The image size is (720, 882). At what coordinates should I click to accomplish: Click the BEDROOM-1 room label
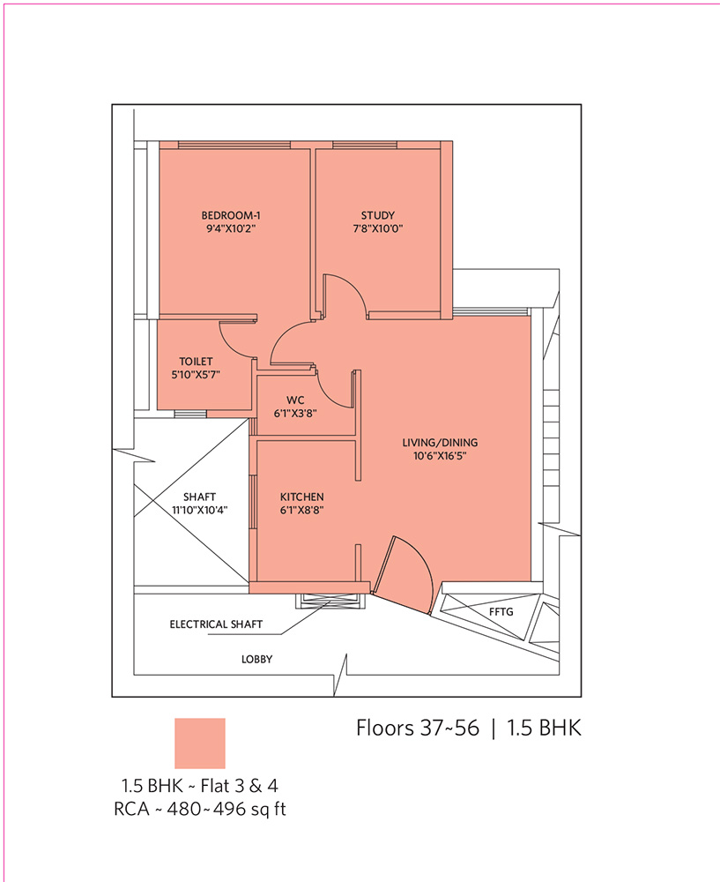tap(230, 215)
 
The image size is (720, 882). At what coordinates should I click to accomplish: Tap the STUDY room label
tap(378, 215)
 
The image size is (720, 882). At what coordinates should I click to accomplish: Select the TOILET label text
tap(196, 362)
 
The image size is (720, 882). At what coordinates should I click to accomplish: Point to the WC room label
tap(295, 400)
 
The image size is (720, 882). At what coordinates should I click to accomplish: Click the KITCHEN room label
tap(301, 497)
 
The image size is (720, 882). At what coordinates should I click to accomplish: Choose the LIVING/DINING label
tap(440, 443)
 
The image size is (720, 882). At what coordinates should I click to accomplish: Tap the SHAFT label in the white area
tap(199, 497)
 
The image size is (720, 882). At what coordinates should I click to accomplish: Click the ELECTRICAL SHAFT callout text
tap(216, 624)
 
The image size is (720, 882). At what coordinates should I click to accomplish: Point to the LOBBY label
tap(256, 659)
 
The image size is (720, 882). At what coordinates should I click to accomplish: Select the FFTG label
tap(501, 611)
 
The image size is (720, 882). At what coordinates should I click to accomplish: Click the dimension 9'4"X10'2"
tap(231, 229)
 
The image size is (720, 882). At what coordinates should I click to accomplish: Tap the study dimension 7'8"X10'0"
tap(378, 229)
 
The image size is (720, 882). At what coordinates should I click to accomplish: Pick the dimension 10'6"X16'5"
tap(440, 456)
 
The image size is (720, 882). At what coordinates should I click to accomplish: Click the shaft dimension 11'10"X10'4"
tap(199, 511)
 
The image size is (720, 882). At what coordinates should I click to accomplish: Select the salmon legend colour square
tap(199, 743)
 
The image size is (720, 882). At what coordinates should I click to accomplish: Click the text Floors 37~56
tap(418, 728)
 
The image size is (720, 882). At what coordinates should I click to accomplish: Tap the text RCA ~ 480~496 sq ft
tap(199, 809)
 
